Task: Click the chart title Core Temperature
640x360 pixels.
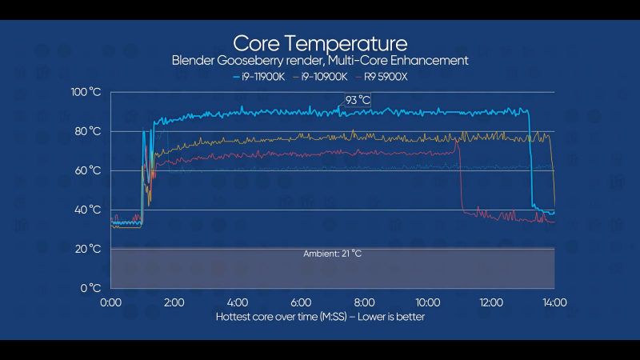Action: click(x=319, y=42)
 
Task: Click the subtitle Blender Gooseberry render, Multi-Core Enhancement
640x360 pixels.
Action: click(x=319, y=61)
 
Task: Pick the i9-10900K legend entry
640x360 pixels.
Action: click(x=323, y=77)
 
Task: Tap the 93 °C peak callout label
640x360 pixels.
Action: click(x=358, y=100)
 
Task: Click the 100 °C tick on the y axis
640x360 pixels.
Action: click(x=86, y=92)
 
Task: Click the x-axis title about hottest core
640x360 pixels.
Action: click(x=319, y=317)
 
